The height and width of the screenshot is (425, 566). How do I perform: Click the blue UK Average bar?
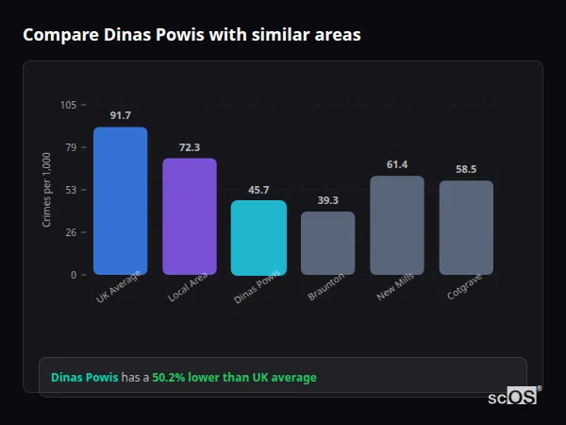click(x=120, y=200)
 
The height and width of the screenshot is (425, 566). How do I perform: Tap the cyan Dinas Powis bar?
click(x=258, y=237)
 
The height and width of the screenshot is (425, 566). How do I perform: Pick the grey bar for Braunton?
click(x=327, y=243)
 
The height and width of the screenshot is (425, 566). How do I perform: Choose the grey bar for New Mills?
click(x=397, y=225)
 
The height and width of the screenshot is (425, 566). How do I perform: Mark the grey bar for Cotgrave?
click(x=466, y=228)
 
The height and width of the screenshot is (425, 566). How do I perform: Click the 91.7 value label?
click(x=120, y=115)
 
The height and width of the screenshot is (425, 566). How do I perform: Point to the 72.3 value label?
click(x=190, y=147)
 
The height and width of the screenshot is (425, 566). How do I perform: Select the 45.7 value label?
click(x=258, y=190)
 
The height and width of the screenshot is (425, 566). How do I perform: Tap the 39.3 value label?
click(x=327, y=200)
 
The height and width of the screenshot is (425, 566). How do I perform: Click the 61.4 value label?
click(x=397, y=164)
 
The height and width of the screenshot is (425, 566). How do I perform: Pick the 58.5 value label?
click(x=466, y=169)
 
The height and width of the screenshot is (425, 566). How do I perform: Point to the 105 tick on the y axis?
click(x=68, y=105)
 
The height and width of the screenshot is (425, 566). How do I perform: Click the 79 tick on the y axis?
click(x=71, y=147)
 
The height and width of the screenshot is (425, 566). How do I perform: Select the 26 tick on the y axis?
click(x=71, y=232)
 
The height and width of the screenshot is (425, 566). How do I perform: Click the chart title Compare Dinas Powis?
click(x=191, y=35)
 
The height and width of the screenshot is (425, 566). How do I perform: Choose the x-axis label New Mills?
click(x=395, y=288)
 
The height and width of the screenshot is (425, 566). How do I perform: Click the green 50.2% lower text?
click(x=234, y=378)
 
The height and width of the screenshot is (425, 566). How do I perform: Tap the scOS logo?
click(x=512, y=397)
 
